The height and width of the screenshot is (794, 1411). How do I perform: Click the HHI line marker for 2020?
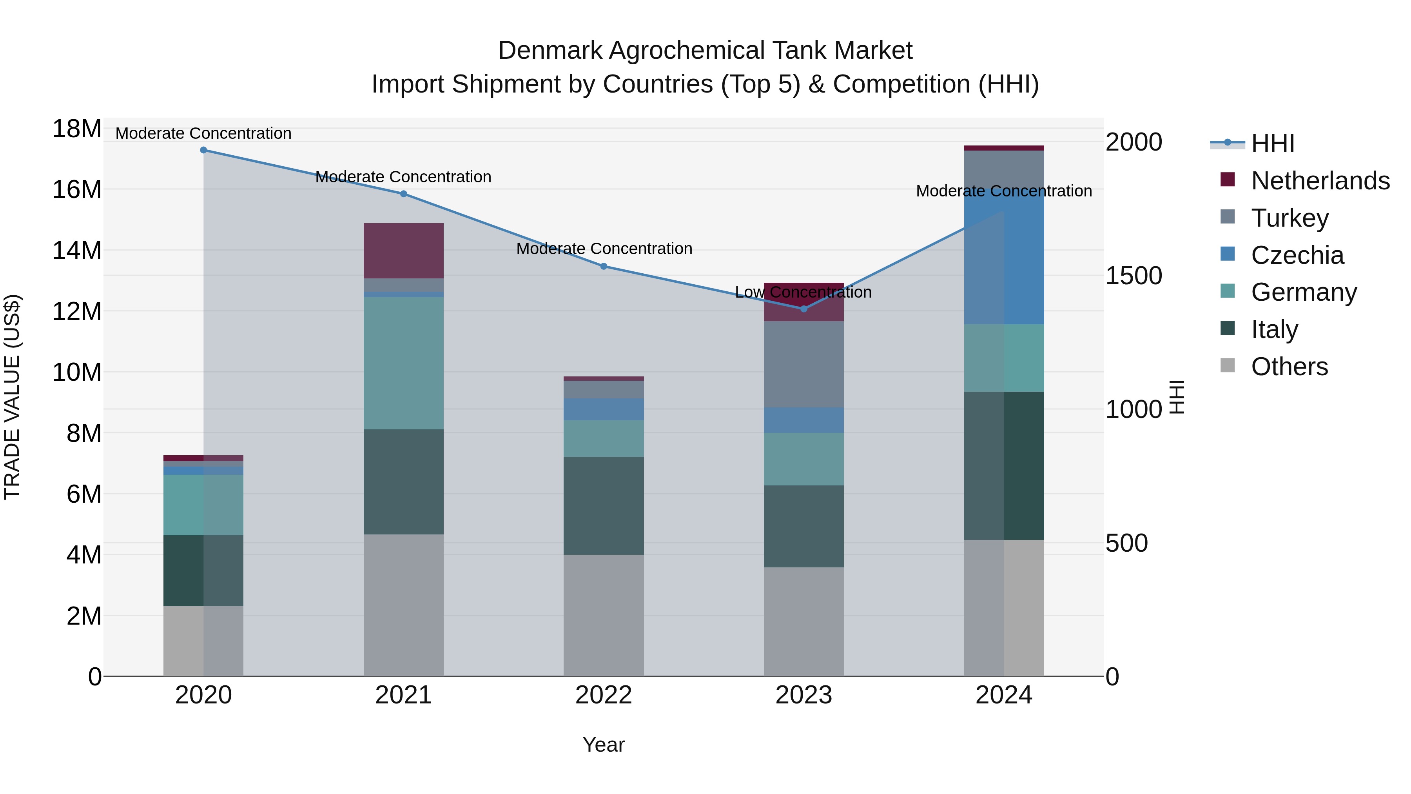pyautogui.click(x=203, y=150)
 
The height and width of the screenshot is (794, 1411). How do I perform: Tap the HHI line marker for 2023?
pyautogui.click(x=803, y=309)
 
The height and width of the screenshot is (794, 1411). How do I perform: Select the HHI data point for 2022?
pyautogui.click(x=604, y=266)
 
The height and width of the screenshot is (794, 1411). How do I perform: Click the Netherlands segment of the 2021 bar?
pyautogui.click(x=404, y=251)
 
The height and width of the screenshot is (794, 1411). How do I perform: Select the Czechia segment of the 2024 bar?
pyautogui.click(x=1004, y=258)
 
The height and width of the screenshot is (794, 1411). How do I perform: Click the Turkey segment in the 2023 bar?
pyautogui.click(x=803, y=364)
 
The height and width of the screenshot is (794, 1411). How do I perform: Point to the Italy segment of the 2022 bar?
pyautogui.click(x=604, y=505)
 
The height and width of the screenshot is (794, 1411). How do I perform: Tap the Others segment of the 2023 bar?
pyautogui.click(x=803, y=621)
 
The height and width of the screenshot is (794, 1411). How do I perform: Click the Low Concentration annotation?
pyautogui.click(x=803, y=292)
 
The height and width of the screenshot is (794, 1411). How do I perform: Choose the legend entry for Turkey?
pyautogui.click(x=1290, y=218)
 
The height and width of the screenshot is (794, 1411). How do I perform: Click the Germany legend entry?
pyautogui.click(x=1304, y=292)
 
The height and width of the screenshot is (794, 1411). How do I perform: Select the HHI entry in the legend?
pyautogui.click(x=1272, y=144)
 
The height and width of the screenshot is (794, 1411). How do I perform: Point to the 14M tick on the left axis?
pyautogui.click(x=77, y=251)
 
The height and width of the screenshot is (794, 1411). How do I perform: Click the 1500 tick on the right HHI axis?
pyautogui.click(x=1133, y=276)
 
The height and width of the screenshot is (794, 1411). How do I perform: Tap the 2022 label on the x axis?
pyautogui.click(x=604, y=695)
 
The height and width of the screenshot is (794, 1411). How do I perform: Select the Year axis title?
pyautogui.click(x=604, y=745)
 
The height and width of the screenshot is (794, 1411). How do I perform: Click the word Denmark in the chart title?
pyautogui.click(x=550, y=51)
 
